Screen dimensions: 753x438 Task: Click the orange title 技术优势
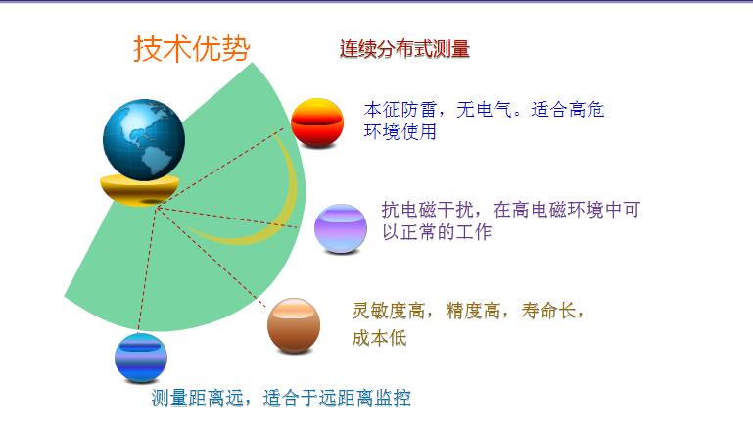pos(192,49)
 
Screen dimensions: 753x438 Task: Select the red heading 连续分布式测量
pos(404,49)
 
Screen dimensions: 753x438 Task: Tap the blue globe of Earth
pos(144,139)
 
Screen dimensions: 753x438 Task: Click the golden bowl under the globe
pos(139,191)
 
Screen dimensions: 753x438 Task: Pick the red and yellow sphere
pos(317,122)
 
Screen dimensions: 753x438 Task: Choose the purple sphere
pos(341,228)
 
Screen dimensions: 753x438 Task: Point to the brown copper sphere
pos(294,325)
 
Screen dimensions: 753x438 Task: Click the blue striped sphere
pos(141,358)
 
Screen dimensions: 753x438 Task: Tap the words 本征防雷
pos(400,110)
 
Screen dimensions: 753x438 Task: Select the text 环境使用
pos(400,131)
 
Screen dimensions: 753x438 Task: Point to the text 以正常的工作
pos(437,232)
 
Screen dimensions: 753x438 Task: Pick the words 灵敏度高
pos(388,311)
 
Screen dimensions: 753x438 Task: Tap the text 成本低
pos(379,338)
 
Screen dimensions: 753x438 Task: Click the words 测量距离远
pos(197,398)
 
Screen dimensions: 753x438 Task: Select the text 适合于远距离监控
pos(337,398)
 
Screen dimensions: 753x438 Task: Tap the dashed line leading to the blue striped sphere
pos(148,270)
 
